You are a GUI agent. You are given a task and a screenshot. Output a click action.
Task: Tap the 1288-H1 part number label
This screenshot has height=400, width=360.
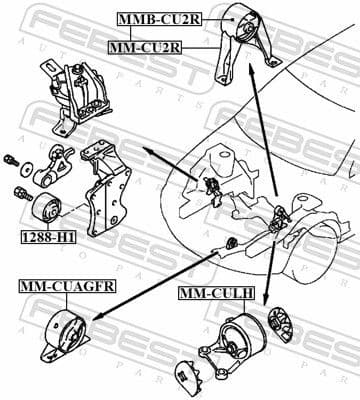46,237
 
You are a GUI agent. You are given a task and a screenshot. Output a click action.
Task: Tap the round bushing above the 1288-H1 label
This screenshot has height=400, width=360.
48,211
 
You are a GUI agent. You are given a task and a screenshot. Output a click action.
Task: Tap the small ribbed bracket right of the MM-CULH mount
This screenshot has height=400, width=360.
281,330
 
